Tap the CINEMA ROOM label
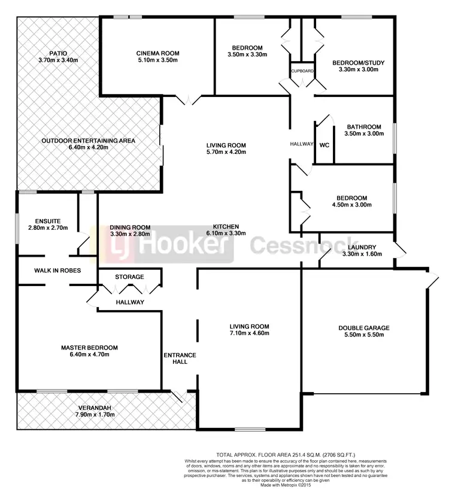pyautogui.click(x=157, y=53)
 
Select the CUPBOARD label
pyautogui.click(x=302, y=71)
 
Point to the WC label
pyautogui.click(x=324, y=145)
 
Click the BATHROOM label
pyautogui.click(x=364, y=127)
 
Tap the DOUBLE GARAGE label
pyautogui.click(x=364, y=327)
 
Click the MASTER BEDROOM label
pyautogui.click(x=89, y=347)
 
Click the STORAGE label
pyautogui.click(x=129, y=277)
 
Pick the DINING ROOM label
pyautogui.click(x=130, y=227)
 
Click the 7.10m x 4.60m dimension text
pyautogui.click(x=249, y=334)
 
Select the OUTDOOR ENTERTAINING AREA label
pyautogui.click(x=89, y=141)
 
